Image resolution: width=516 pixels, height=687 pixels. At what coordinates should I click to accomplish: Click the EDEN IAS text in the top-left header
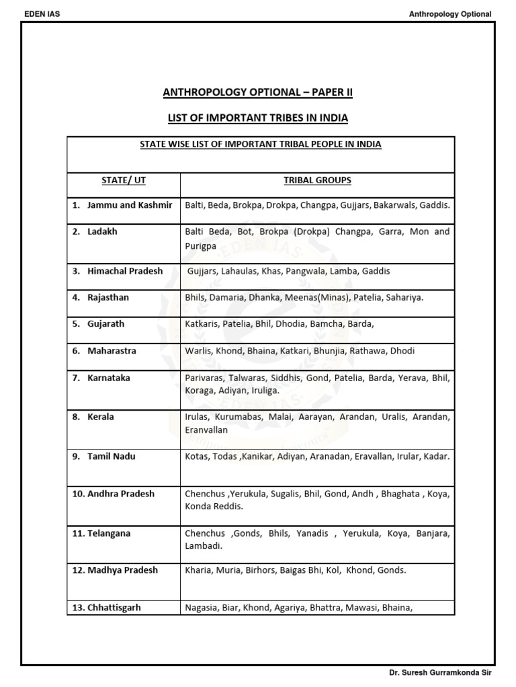coord(42,13)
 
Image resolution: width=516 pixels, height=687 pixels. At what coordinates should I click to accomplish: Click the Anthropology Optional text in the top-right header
coord(450,14)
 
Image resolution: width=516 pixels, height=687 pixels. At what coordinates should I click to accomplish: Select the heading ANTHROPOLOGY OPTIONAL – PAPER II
coord(258,93)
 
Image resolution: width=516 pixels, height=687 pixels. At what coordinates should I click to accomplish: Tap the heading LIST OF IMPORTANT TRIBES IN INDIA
coord(258,119)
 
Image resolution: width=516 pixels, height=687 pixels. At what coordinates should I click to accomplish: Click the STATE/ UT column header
coord(123,180)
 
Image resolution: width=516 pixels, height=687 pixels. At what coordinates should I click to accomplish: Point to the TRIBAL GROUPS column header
coord(317,180)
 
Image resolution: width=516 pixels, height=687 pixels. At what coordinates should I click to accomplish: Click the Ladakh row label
coord(102,231)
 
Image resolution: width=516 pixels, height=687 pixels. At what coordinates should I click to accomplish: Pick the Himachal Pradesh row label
coord(124,271)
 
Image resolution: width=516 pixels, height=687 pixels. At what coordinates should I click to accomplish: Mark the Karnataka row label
coord(108,378)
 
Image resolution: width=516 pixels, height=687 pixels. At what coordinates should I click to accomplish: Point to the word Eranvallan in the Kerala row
coord(206,430)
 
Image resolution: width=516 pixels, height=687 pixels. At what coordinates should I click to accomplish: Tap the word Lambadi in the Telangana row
coord(202,547)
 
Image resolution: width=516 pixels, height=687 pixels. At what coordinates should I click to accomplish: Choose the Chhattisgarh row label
coord(114,608)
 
